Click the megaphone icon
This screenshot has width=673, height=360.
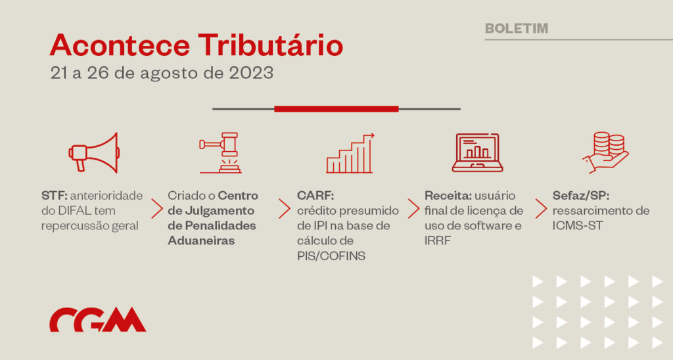pyautogui.click(x=94, y=153)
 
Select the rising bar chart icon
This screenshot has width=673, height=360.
pyautogui.click(x=350, y=153)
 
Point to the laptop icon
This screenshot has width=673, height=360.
pyautogui.click(x=477, y=153)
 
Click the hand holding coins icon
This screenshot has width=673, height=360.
pyautogui.click(x=605, y=153)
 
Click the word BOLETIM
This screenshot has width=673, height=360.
pyautogui.click(x=517, y=28)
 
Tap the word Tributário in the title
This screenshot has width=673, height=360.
pyautogui.click(x=270, y=45)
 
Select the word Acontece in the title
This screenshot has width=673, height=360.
pyautogui.click(x=120, y=45)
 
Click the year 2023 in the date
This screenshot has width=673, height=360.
pyautogui.click(x=251, y=72)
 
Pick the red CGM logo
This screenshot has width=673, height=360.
pyautogui.click(x=98, y=320)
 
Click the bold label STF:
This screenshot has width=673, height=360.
pyautogui.click(x=54, y=196)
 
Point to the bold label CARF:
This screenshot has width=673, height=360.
pyautogui.click(x=315, y=196)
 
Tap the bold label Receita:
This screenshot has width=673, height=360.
pyautogui.click(x=448, y=196)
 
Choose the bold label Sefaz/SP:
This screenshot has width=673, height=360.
pyautogui.click(x=581, y=196)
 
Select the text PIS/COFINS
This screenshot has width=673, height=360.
pyautogui.click(x=331, y=256)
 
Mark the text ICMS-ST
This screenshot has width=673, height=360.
pyautogui.click(x=578, y=226)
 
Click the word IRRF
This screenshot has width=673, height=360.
pyautogui.click(x=438, y=240)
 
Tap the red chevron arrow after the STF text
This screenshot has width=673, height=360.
pyautogui.click(x=157, y=209)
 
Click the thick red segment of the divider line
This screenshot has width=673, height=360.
pyautogui.click(x=336, y=109)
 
